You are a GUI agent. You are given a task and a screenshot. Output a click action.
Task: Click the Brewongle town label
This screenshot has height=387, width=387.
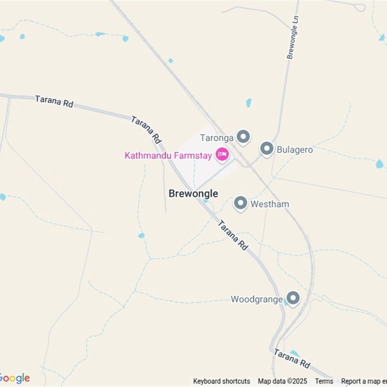pos(193,193)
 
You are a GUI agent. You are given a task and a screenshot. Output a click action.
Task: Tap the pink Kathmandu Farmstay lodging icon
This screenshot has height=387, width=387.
pos(222,154)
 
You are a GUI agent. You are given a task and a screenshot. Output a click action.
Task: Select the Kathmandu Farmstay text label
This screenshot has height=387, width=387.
pos(169,155)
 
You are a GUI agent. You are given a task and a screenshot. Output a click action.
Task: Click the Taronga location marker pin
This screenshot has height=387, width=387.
pos(243,137)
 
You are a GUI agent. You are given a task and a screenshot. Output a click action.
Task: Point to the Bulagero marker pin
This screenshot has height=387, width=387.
pos(267,149)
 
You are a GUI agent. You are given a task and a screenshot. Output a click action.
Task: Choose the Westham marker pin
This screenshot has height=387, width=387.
pos(240,203)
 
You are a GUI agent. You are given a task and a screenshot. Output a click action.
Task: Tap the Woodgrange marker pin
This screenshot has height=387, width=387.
pos(292,298)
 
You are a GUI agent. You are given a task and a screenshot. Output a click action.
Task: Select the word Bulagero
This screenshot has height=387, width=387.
pos(295,150)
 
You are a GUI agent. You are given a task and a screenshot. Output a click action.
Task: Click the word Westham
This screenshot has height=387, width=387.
pos(269,204)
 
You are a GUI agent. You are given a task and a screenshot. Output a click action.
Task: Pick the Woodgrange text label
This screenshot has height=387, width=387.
pos(256,299)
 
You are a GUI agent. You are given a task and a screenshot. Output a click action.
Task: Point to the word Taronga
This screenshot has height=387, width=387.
pos(217,138)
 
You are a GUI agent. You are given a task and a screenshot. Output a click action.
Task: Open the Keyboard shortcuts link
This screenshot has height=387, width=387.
pos(222,381)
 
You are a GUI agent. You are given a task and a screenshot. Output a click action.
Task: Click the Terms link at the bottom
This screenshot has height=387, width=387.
pos(324,381)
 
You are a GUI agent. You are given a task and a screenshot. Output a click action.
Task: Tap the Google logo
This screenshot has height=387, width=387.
pos(15,378)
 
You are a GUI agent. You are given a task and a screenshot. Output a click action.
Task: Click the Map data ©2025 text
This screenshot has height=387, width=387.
pos(283,381)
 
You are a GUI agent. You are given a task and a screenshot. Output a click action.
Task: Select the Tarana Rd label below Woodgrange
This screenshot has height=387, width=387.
pos(292,358)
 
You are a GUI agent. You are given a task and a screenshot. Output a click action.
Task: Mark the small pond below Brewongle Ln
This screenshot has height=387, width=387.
pos(249,103)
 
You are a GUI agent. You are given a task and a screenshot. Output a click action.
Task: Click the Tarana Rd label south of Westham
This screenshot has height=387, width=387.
pos(233,235)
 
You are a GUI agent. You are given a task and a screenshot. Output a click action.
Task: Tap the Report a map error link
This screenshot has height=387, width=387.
pos(364,381)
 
